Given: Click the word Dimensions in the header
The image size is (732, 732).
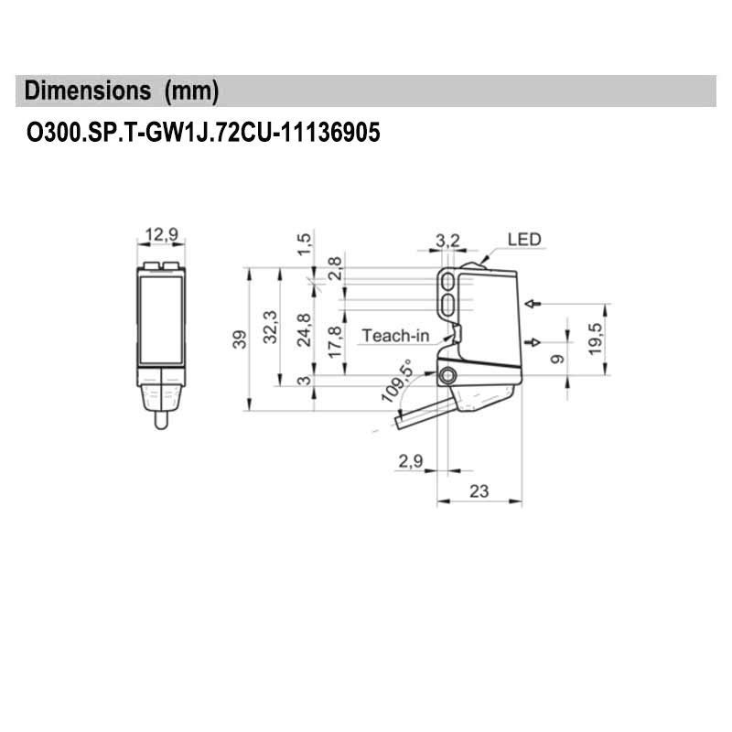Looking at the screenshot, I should (x=88, y=91).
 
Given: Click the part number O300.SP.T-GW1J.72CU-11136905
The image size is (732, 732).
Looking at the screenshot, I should (x=202, y=134).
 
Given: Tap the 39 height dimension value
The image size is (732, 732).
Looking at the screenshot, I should (x=239, y=340).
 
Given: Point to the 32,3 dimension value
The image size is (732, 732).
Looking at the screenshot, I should (x=270, y=327).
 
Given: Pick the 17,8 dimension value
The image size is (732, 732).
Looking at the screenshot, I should (x=335, y=342).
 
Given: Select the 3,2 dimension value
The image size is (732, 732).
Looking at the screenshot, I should (x=447, y=240).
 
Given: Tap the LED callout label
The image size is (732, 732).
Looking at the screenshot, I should (x=525, y=240).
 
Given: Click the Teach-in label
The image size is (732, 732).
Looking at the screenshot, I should (x=395, y=336).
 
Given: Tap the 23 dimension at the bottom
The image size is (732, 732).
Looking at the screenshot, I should (x=479, y=491).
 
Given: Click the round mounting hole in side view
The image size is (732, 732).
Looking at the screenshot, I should (x=447, y=377).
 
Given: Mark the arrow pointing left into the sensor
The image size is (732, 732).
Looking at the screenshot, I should (x=534, y=303).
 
